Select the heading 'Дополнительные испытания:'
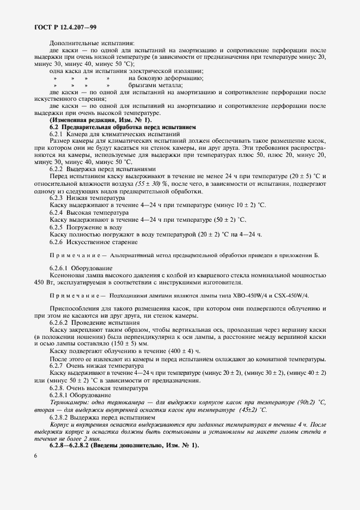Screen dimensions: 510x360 click(91, 44)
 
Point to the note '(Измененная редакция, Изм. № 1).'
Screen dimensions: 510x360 click(101, 119)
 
